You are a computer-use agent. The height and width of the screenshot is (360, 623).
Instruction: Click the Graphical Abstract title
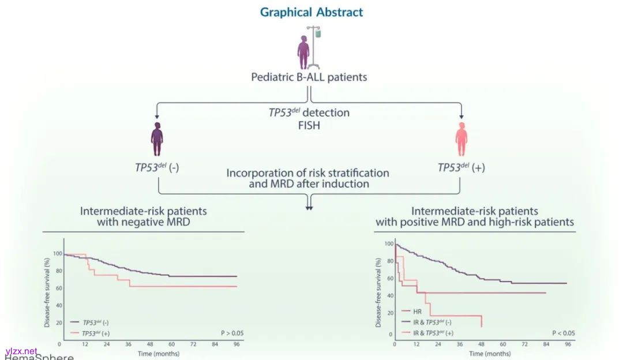tap(311, 12)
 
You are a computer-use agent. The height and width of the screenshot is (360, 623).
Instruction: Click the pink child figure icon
tap(461, 141)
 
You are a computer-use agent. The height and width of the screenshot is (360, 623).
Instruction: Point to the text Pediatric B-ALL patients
tap(309, 77)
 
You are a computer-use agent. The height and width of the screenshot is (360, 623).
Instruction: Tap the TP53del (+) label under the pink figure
tap(460, 167)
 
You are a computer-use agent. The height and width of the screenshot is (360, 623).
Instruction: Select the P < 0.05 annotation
tap(563, 333)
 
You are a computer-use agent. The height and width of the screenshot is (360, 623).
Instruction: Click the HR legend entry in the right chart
tap(416, 311)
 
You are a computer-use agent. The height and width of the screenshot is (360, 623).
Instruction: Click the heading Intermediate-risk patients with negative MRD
tap(143, 216)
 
